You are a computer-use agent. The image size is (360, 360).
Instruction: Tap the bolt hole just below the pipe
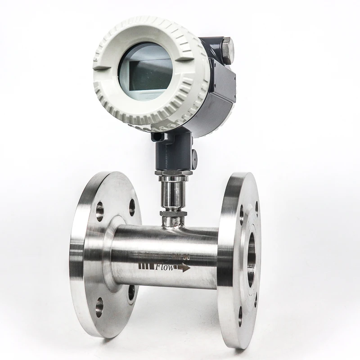[131, 293]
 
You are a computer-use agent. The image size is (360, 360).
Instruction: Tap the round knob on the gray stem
[194, 156]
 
